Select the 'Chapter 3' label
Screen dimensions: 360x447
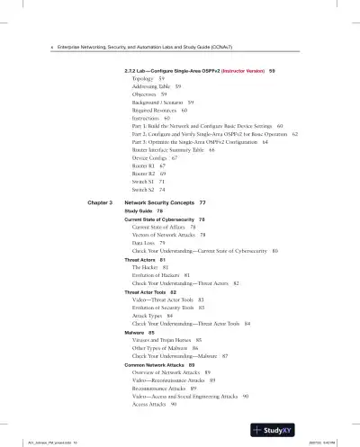click(94, 203)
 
